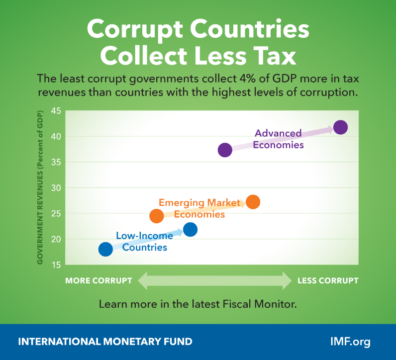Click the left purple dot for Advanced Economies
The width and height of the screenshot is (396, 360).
pos(225,150)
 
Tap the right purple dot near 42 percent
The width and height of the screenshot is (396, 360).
pos(340,127)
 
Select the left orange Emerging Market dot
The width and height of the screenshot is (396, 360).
pos(157,216)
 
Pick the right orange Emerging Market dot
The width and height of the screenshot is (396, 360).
pos(253,201)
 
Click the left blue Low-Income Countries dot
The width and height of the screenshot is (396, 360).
pos(105,249)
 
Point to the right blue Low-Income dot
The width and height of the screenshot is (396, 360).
pos(190,229)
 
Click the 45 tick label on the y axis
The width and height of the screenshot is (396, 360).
pos(55,111)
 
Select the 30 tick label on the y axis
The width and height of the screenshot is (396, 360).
pos(55,188)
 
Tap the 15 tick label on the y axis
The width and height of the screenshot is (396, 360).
pos(55,265)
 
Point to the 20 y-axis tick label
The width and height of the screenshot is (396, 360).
pos(55,239)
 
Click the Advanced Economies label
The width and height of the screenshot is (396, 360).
pos(279,139)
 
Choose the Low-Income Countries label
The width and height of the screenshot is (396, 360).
pos(144,242)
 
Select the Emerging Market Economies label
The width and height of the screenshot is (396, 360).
pos(198,208)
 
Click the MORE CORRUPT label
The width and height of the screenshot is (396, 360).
pos(99,280)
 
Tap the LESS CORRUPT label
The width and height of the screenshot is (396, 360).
pos(328,280)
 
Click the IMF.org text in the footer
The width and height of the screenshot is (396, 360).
pos(350,342)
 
